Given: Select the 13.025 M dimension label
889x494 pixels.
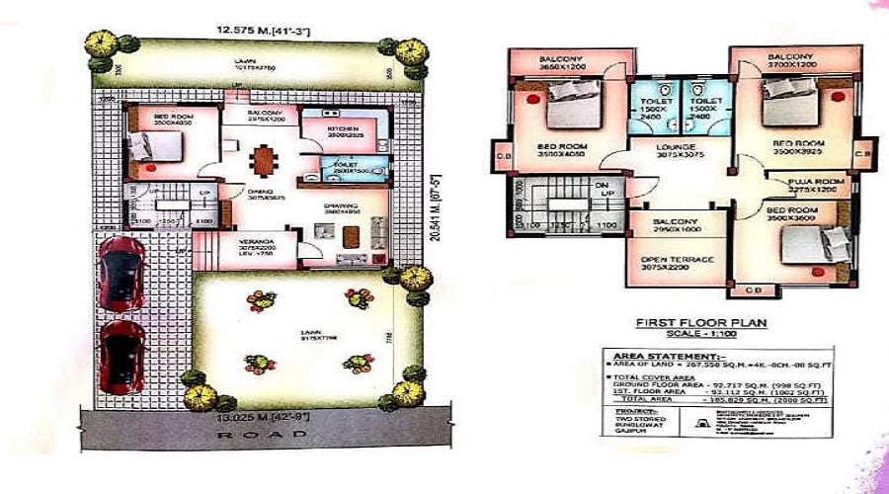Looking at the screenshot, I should (x=259, y=414).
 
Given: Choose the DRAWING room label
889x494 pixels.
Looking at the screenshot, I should (x=341, y=206).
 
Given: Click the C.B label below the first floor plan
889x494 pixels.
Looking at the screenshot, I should (x=754, y=288).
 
